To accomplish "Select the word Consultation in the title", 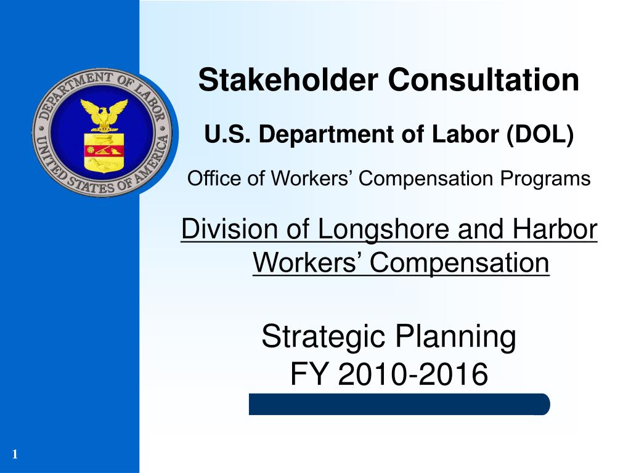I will click(482, 81).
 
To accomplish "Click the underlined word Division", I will click(229, 230).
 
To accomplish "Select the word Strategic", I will click(324, 338).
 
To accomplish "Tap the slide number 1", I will click(14, 455).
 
